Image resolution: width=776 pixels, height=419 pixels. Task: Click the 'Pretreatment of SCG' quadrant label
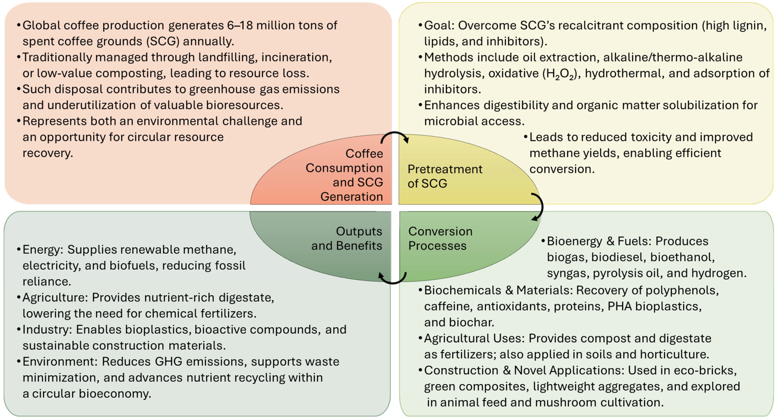click(445, 176)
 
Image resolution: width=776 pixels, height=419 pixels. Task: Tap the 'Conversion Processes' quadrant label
click(440, 238)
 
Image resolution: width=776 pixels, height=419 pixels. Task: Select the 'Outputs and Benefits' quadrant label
click(346, 238)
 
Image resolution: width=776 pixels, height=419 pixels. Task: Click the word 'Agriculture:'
click(55, 297)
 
